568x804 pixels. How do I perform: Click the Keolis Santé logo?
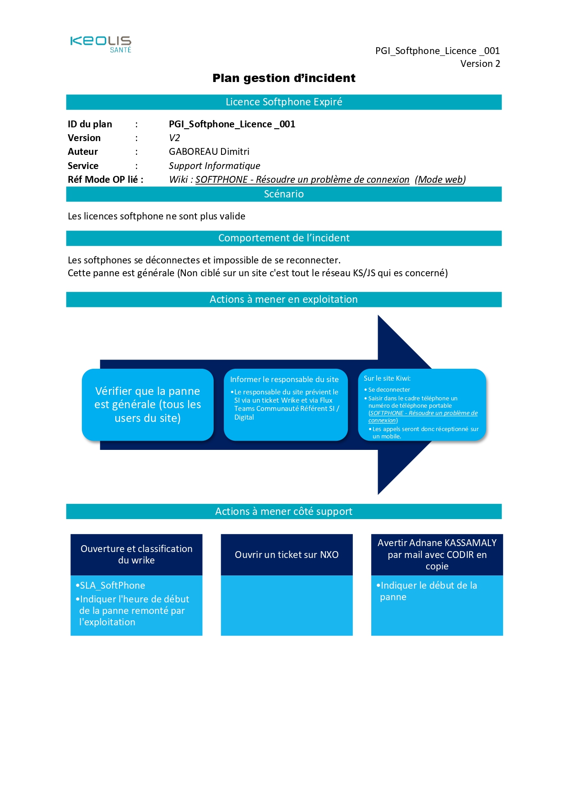101,44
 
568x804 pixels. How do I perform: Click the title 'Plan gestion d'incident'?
284,78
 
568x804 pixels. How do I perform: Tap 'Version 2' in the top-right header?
480,64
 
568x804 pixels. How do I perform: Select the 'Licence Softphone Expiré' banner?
284,102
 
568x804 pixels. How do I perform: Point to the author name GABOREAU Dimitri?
209,152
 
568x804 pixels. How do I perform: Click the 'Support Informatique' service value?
214,166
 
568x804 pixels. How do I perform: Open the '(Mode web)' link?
440,180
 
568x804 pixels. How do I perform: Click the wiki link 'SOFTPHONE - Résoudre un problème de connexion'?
302,180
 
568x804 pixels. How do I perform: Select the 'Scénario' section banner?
284,194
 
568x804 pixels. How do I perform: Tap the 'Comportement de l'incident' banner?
284,238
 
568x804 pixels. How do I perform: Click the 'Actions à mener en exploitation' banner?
284,300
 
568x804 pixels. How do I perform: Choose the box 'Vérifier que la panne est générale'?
147,405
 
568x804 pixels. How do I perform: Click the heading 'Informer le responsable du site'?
284,379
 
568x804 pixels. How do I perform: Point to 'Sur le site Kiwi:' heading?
387,378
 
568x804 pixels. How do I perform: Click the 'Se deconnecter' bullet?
389,390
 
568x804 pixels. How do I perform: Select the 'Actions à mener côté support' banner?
284,512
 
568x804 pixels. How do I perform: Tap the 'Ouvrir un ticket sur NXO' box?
287,555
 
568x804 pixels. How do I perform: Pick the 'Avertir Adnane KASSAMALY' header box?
437,554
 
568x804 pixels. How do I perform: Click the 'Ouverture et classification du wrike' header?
136,554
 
